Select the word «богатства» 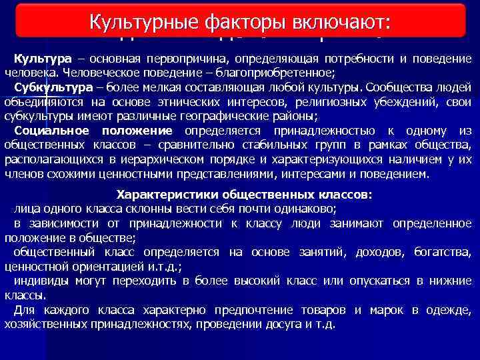[443, 253]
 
